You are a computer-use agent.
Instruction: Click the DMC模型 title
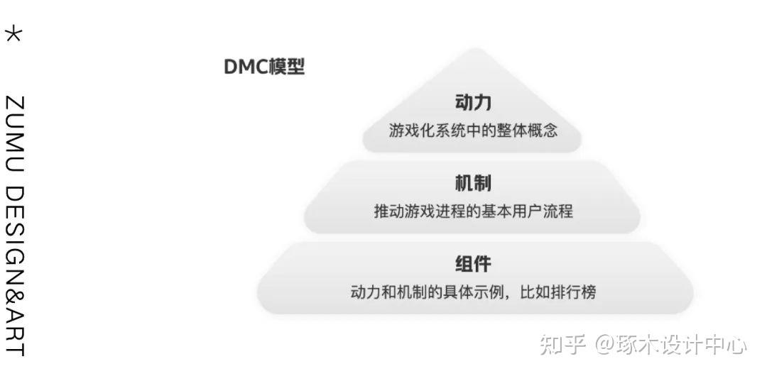264,67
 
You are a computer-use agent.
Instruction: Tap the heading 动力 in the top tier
473,103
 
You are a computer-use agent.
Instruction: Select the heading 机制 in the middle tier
473,184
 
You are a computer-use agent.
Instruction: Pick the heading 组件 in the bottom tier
473,265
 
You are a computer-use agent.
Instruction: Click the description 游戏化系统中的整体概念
473,131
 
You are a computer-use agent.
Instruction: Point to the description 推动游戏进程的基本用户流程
473,211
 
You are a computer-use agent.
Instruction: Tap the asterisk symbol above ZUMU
13,34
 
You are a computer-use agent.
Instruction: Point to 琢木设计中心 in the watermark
682,345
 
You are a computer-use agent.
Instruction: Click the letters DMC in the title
246,67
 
